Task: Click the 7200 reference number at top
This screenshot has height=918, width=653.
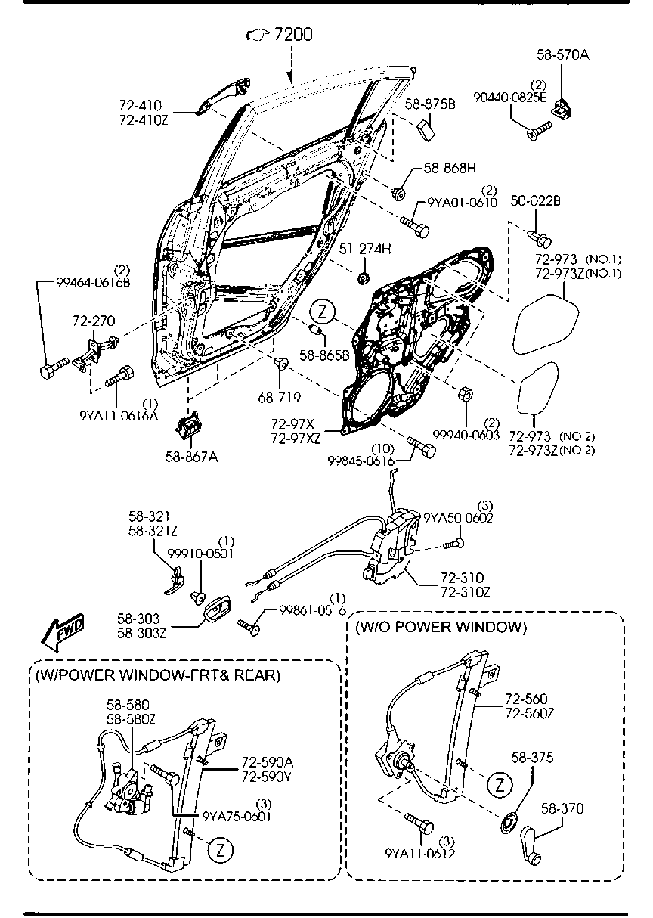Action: tap(292, 35)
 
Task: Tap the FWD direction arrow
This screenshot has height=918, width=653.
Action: tap(63, 632)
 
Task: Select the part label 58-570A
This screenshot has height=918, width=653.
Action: tap(562, 54)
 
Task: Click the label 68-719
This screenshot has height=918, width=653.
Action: tap(279, 397)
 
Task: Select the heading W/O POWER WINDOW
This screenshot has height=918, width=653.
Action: tap(441, 627)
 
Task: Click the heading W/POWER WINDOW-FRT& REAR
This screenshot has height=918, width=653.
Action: tap(157, 675)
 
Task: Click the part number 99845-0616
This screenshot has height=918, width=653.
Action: tap(361, 461)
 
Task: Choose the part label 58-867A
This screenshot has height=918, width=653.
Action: tap(191, 457)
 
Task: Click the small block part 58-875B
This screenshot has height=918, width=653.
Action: tap(426, 131)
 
